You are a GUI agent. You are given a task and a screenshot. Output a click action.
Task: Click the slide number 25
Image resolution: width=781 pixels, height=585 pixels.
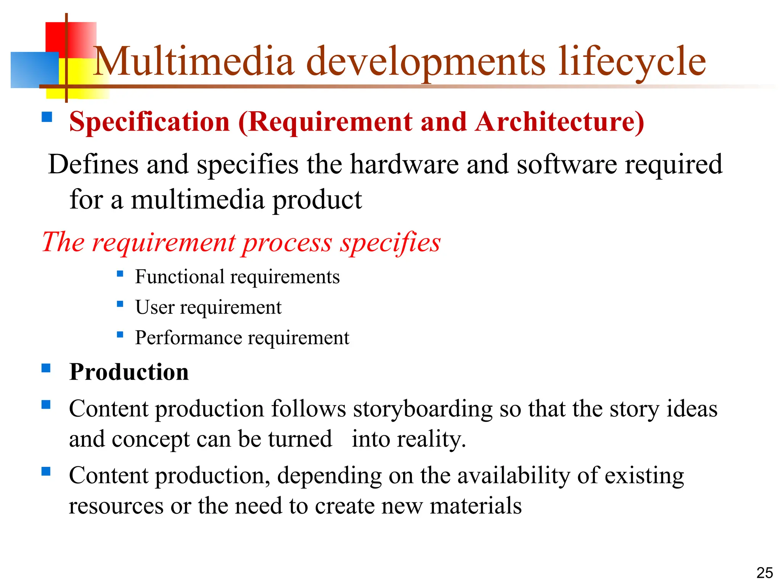tap(764, 573)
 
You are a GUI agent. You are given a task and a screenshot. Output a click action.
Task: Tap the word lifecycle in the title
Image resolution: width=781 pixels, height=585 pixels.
tap(632, 62)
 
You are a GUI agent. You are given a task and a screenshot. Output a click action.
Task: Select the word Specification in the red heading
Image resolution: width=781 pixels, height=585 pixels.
tap(149, 122)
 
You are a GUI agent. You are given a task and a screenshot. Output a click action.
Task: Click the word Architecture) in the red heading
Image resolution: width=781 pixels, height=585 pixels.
tap(559, 122)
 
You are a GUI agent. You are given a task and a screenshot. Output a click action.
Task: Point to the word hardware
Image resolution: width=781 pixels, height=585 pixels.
tap(404, 164)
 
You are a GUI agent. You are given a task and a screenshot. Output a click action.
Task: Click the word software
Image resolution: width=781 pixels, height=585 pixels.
tap(567, 164)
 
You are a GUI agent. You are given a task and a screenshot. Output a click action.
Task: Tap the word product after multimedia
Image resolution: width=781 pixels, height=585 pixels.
tap(317, 200)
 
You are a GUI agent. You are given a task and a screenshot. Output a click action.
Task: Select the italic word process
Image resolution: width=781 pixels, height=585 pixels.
tap(287, 242)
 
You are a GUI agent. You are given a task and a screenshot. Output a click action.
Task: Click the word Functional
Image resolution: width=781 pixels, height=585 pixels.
tap(180, 277)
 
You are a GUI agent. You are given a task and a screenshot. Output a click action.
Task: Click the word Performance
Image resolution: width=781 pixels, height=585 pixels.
tap(188, 337)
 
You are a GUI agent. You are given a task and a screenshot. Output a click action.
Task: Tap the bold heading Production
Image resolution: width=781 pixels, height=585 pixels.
tap(129, 372)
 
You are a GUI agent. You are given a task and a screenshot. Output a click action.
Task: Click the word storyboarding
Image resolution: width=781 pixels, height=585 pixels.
tap(423, 409)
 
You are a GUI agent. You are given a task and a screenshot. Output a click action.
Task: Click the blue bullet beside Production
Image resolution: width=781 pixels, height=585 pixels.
tap(46, 368)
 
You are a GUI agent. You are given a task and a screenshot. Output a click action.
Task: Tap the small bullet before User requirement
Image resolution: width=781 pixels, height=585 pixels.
tap(120, 304)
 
